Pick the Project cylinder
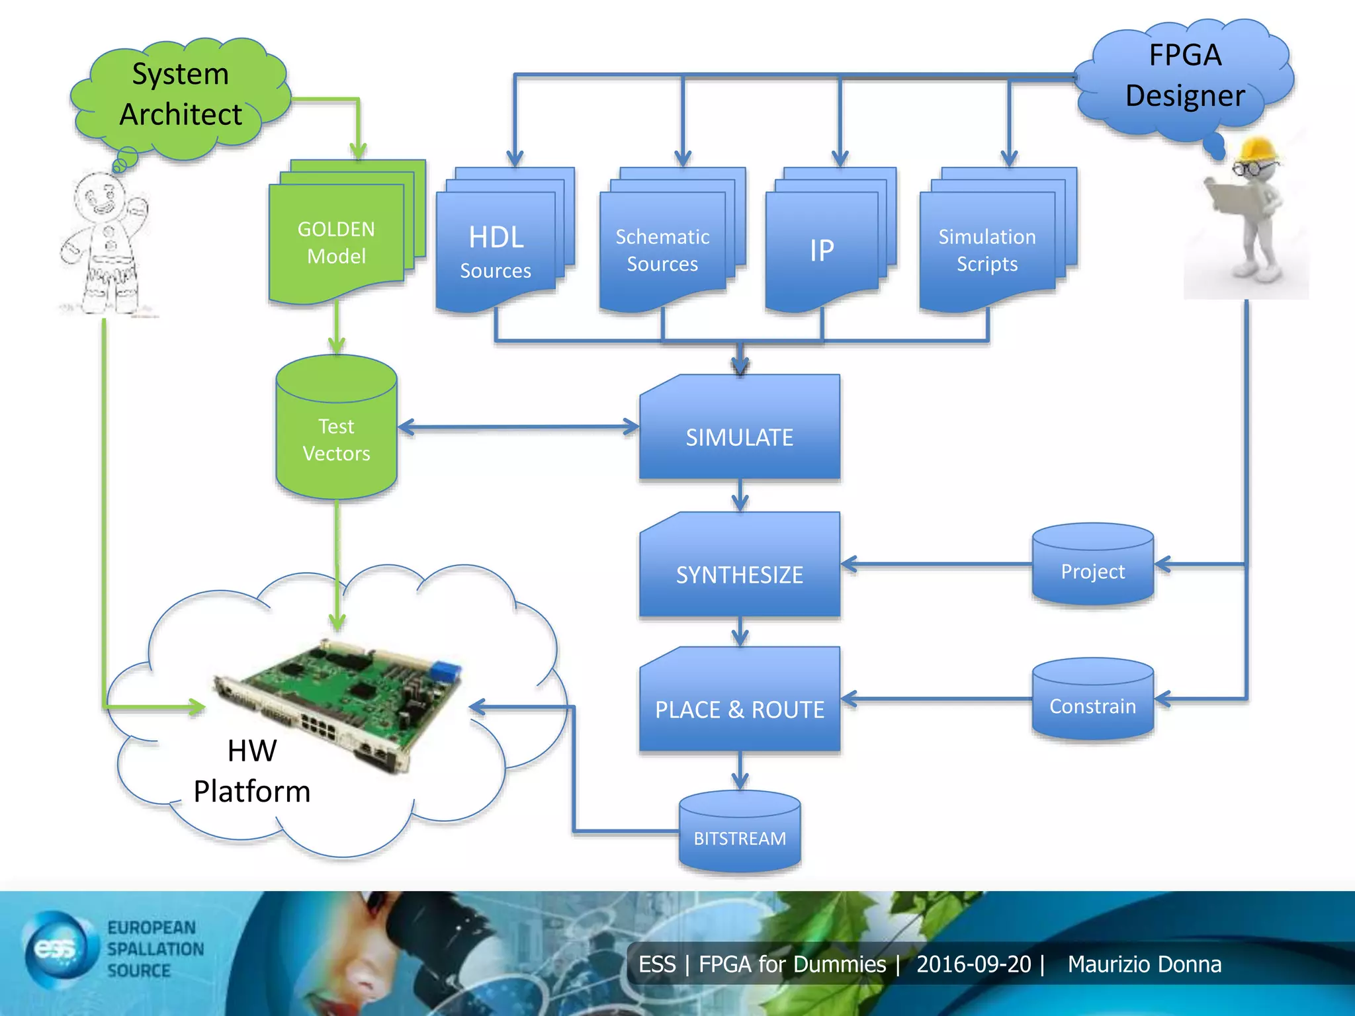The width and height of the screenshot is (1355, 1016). coord(1092,566)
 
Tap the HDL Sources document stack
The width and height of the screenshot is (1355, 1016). coord(496,248)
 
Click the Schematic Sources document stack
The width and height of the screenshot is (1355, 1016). coord(663,248)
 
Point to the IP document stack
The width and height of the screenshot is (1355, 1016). coord(822,248)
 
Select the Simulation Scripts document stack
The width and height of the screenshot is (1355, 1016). coord(987,248)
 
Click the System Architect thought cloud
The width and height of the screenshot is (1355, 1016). coord(181,96)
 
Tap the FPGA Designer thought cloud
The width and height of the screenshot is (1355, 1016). coord(1184,76)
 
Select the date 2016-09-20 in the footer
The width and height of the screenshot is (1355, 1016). coord(973,964)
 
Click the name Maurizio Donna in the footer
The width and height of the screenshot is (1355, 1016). coord(1144,964)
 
